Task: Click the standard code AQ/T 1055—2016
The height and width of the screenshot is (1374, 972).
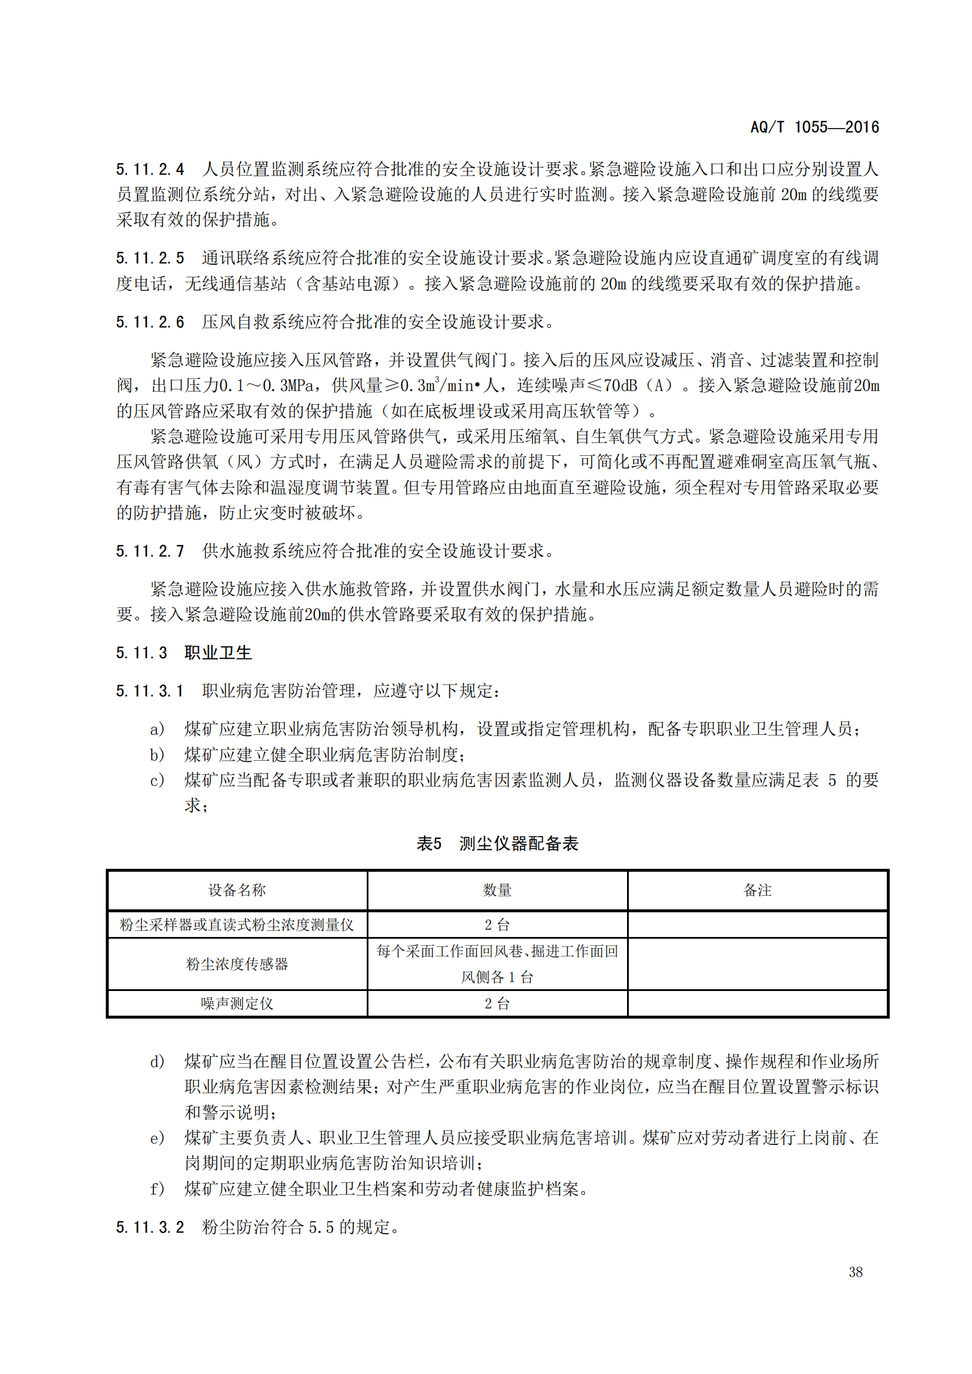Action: pos(814,127)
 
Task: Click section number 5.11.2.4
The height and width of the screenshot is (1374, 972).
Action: pos(150,169)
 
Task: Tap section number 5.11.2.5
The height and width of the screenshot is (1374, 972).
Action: pos(150,258)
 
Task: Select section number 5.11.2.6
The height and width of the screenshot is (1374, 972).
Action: pos(150,322)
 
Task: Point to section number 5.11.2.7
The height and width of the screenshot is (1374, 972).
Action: pos(150,551)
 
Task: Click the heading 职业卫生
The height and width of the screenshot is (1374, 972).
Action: pos(218,653)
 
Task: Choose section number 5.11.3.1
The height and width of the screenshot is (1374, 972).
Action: pos(150,691)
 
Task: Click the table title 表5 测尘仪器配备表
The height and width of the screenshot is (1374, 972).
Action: pos(497,844)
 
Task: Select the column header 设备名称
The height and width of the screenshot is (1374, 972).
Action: pos(237,891)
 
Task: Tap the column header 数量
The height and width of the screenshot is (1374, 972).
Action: pos(497,891)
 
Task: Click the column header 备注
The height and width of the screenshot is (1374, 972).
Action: pos(757,891)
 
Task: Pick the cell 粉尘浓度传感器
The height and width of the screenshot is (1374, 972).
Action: pos(237,964)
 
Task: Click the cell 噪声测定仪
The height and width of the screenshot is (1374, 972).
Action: pos(237,1003)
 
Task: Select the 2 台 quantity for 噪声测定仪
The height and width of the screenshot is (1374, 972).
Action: pos(497,1003)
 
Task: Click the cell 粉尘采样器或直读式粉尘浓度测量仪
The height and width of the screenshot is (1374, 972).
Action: pos(237,925)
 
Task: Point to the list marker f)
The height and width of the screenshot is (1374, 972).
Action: pos(157,1189)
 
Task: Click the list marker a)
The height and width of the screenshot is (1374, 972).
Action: pos(157,730)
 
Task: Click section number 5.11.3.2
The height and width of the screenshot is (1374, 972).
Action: pos(150,1227)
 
